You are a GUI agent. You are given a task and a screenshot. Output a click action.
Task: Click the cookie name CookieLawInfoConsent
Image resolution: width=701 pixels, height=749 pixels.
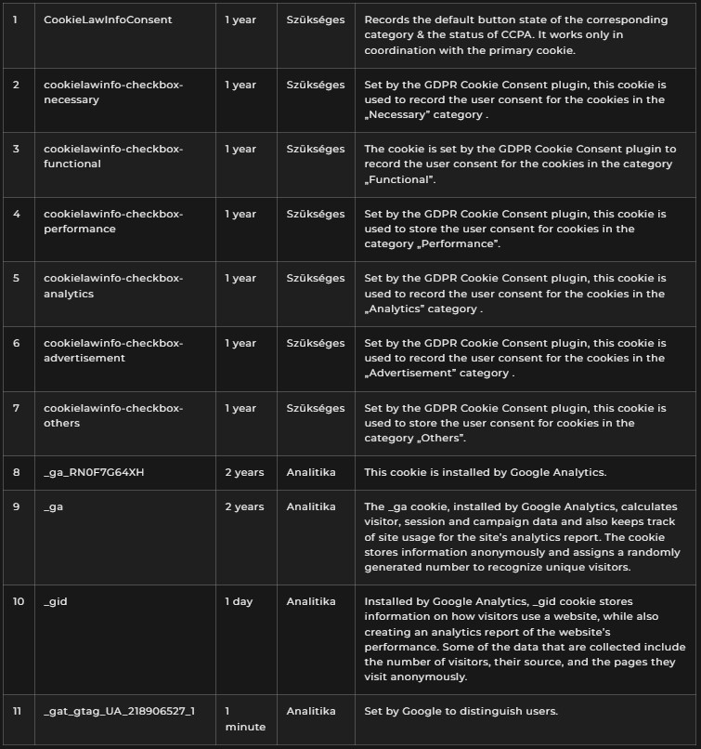[x=108, y=20]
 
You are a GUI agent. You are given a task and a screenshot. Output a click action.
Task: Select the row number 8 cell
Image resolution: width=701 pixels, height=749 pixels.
[x=17, y=472]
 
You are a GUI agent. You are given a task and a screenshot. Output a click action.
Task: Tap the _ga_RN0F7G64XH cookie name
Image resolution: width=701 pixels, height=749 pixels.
[x=94, y=472]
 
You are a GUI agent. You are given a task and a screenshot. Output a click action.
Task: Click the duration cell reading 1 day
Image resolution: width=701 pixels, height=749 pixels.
[x=239, y=601]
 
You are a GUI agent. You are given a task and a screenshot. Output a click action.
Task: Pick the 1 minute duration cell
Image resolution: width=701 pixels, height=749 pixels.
[x=245, y=718]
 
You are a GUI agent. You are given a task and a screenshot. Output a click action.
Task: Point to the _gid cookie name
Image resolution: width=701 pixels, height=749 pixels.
[x=56, y=601]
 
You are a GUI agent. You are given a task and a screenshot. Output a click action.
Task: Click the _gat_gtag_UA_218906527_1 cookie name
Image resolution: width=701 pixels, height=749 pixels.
[x=119, y=711]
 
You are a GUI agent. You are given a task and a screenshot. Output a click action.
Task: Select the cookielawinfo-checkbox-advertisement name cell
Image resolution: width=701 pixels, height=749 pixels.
[x=113, y=350]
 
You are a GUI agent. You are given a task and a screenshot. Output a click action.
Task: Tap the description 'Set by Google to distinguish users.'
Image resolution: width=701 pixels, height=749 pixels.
[x=461, y=711]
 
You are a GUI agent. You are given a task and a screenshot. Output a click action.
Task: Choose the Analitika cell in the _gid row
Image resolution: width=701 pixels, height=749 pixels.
[x=311, y=601]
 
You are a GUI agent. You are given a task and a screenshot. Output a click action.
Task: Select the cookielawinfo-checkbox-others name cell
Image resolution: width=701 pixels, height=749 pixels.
[x=113, y=415]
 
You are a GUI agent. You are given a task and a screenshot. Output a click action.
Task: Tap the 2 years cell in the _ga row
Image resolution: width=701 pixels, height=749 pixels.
[x=244, y=506]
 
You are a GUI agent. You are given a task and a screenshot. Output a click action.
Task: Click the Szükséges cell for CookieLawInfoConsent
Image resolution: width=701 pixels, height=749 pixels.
[x=315, y=20]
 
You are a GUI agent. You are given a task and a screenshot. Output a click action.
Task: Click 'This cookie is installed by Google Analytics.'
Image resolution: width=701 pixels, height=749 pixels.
[x=485, y=472]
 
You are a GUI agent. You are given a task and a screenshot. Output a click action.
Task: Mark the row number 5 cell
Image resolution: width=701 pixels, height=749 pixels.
[x=17, y=278]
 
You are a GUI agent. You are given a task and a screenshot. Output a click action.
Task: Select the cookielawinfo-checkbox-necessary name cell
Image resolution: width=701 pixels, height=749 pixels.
[x=113, y=92]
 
